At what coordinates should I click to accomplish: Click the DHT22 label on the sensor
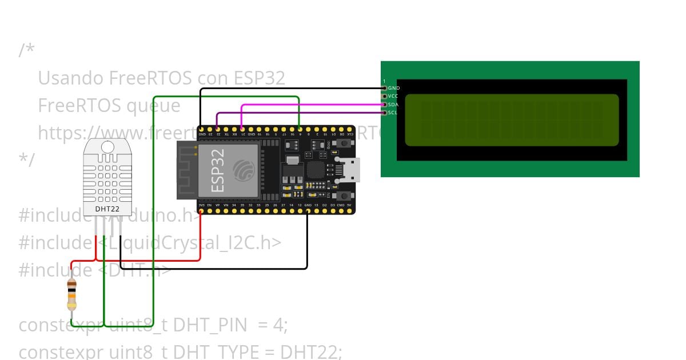(x=107, y=209)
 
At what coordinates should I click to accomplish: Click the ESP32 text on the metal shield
(x=217, y=170)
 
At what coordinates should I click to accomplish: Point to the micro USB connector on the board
(x=349, y=170)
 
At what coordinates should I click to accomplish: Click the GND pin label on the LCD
(x=394, y=89)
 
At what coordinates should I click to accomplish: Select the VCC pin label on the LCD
(x=393, y=97)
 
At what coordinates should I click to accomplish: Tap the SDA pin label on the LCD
(x=393, y=105)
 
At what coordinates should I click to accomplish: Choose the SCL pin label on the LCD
(x=393, y=113)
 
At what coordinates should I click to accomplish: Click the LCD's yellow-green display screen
(x=512, y=120)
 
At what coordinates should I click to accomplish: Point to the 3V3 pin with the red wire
(x=201, y=211)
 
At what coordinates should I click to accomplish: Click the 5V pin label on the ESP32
(x=349, y=205)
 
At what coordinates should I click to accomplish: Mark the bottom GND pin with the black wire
(x=308, y=211)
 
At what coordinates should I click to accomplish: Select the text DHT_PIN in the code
(x=210, y=325)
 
